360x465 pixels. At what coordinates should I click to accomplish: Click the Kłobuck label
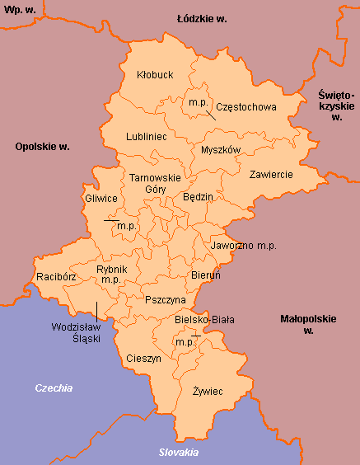pyautogui.click(x=154, y=75)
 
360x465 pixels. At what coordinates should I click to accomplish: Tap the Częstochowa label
pyautogui.click(x=247, y=106)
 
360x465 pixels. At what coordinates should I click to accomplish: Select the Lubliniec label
pyautogui.click(x=147, y=136)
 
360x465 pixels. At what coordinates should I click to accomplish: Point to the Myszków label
pyautogui.click(x=220, y=150)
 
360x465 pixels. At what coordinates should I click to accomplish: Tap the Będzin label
pyautogui.click(x=198, y=197)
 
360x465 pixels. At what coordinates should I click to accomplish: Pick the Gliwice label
pyautogui.click(x=102, y=199)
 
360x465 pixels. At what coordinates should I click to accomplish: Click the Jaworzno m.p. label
pyautogui.click(x=244, y=246)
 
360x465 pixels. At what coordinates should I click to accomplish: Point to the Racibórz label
pyautogui.click(x=57, y=277)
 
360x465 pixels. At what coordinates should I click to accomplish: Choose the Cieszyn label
pyautogui.click(x=144, y=359)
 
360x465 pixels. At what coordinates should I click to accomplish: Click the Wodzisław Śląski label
pyautogui.click(x=75, y=332)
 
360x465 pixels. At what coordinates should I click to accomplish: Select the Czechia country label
pyautogui.click(x=54, y=387)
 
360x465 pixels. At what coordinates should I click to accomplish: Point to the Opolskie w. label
pyautogui.click(x=42, y=147)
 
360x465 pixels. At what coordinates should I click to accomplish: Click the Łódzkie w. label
pyautogui.click(x=202, y=17)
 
